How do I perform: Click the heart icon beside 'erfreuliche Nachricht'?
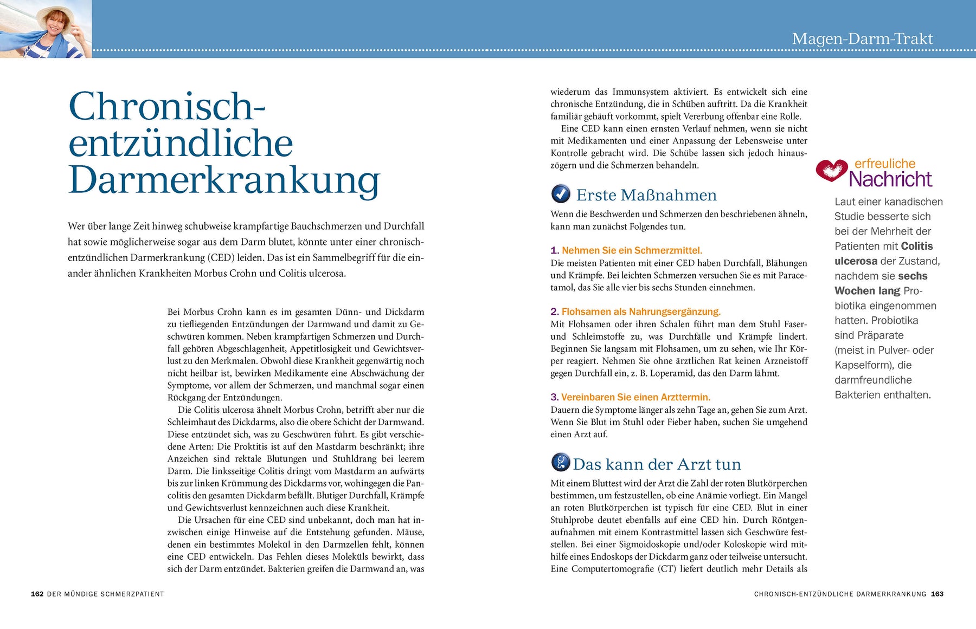point(831,170)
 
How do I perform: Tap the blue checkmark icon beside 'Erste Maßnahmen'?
point(561,194)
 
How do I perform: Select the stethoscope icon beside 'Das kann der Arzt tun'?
point(561,463)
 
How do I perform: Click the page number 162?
point(37,594)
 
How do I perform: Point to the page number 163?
point(937,594)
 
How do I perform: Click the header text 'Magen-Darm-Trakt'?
point(862,39)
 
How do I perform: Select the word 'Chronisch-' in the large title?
point(166,106)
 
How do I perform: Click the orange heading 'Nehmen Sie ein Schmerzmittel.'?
point(632,250)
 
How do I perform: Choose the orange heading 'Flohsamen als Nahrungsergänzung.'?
point(641,312)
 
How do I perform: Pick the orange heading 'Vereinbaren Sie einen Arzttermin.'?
point(635,397)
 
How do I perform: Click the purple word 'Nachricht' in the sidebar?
point(890,179)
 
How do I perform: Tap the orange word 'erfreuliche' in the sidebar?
point(885,164)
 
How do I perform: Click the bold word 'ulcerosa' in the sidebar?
point(856,261)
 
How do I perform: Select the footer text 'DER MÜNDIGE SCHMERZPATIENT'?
point(105,594)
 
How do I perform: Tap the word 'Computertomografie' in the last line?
point(612,569)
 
